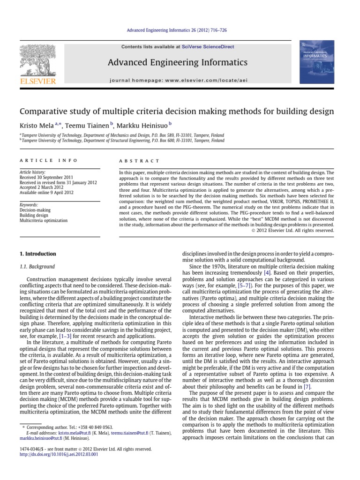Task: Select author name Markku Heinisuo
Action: [x=148, y=125]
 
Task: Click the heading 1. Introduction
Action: [x=37, y=254]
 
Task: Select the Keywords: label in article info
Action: [x=29, y=204]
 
